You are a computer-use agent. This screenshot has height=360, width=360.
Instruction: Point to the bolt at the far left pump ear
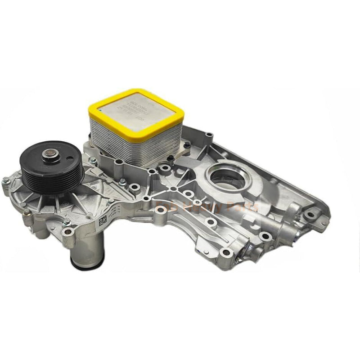pos(6,181)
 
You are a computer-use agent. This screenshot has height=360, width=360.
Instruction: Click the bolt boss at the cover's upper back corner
pos(208,135)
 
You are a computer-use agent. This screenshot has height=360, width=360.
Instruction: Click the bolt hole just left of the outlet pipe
pos(68,232)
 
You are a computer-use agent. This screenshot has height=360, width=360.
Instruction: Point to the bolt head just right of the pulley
pos(92,160)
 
